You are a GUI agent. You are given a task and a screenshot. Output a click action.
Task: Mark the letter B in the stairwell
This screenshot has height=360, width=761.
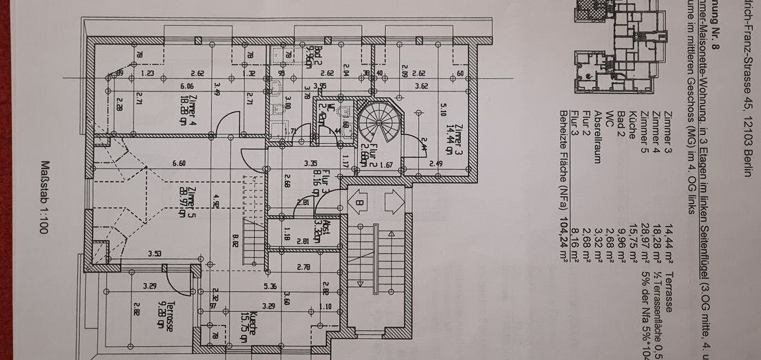(x=358, y=204)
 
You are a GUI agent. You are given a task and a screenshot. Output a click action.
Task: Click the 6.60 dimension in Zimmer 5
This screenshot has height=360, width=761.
(x=179, y=163)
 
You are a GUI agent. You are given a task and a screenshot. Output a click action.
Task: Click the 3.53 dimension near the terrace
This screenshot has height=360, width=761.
(x=153, y=255)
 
